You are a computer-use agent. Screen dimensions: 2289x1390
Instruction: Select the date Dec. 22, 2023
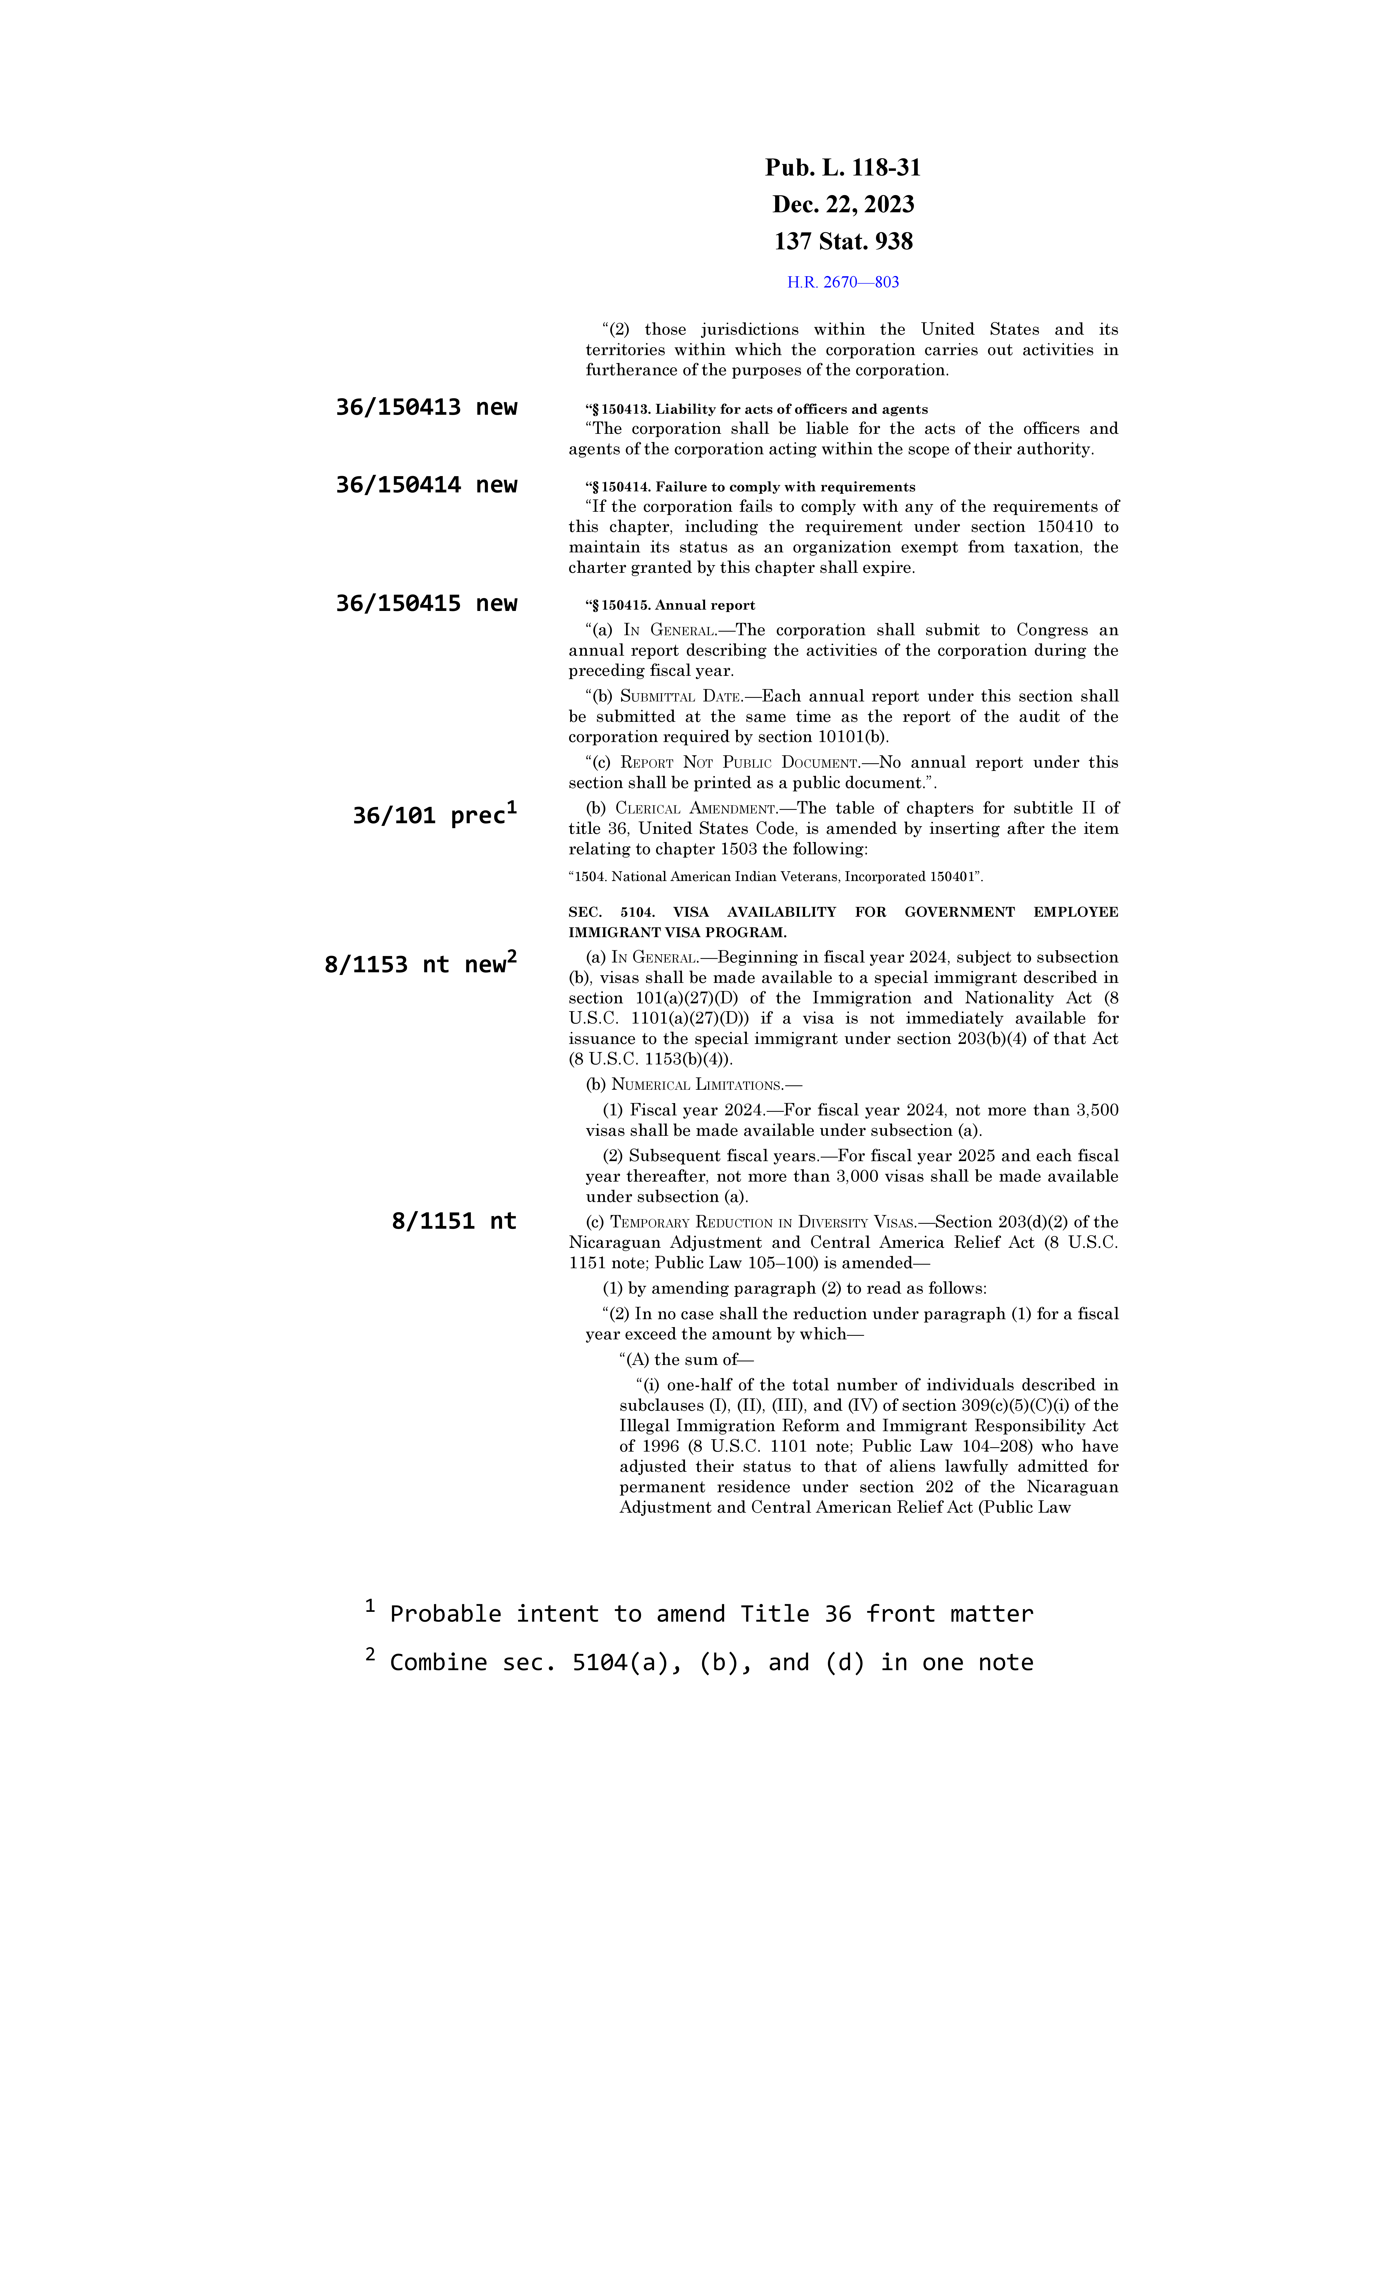coord(843,204)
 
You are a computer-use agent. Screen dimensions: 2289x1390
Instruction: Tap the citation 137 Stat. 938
coord(843,241)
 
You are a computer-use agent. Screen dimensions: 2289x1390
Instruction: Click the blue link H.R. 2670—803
coord(843,282)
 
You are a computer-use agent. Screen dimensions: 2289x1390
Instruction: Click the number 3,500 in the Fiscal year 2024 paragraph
coord(1096,1110)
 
